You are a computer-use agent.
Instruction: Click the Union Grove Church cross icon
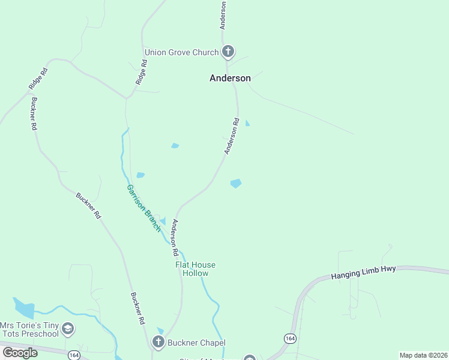[x=228, y=52]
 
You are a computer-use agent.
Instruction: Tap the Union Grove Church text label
[x=181, y=52]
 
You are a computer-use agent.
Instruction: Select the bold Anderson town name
[x=230, y=78]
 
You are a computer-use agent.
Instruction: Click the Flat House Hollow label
[x=195, y=269]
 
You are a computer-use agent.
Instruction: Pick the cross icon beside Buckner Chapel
[x=158, y=343]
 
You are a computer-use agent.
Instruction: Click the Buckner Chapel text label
[x=196, y=343]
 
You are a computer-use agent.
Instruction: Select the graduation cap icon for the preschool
[x=68, y=328]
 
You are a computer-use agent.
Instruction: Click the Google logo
[x=20, y=352]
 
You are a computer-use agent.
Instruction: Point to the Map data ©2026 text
[x=423, y=355]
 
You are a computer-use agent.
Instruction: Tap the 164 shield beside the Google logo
[x=74, y=355]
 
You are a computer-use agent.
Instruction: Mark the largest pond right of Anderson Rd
[x=236, y=183]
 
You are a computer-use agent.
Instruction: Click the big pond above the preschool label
[x=24, y=308]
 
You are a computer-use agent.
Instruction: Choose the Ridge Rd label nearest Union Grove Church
[x=142, y=71]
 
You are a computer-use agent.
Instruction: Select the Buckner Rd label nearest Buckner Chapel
[x=137, y=308]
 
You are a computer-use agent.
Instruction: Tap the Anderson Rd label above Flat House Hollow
[x=175, y=235]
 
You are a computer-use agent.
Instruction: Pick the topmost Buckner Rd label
[x=34, y=113]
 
